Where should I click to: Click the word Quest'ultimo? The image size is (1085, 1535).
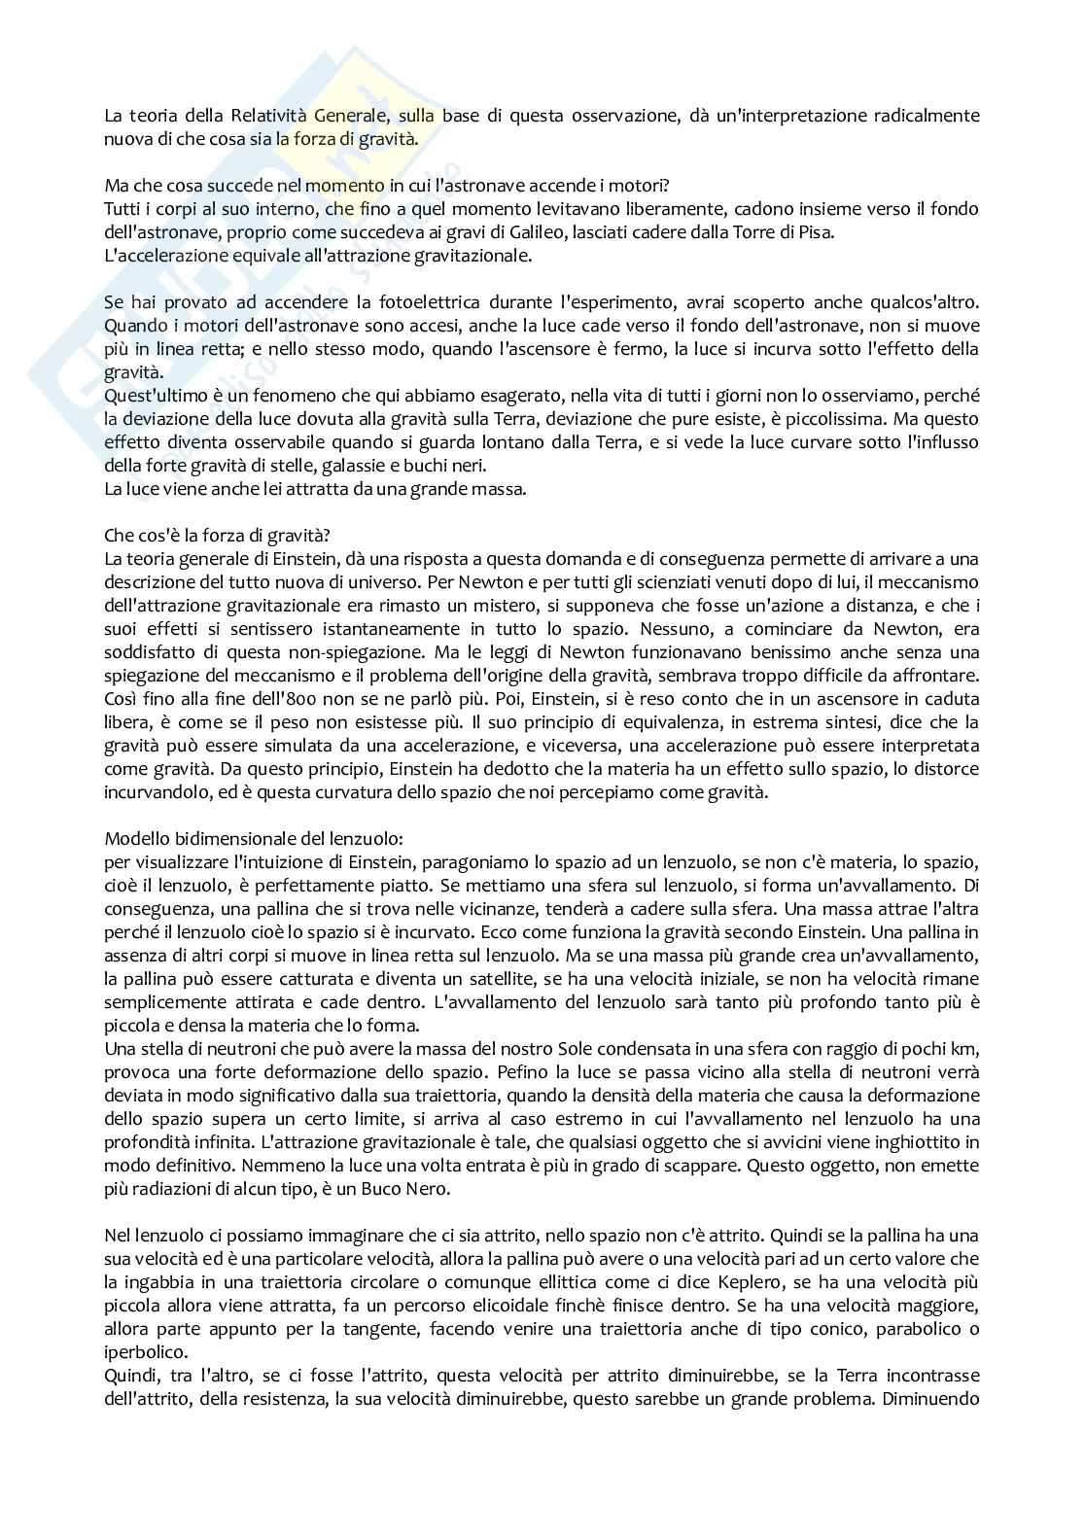click(152, 396)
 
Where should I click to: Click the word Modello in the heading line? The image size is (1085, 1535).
click(133, 837)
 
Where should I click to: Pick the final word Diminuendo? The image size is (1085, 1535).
click(936, 1397)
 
